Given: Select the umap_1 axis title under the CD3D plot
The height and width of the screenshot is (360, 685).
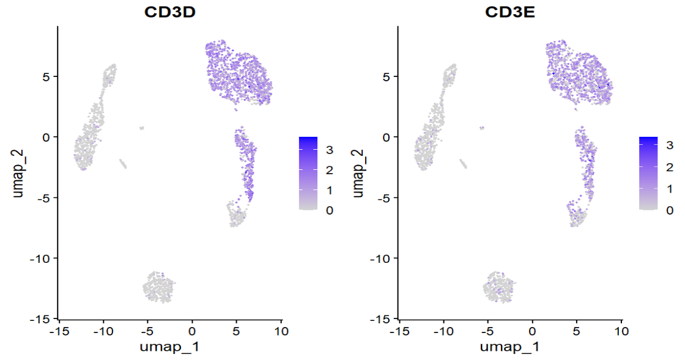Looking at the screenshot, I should coord(170,347).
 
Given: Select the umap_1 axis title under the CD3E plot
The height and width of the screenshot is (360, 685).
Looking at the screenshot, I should coord(510,347).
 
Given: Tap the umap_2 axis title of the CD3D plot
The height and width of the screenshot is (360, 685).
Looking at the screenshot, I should coord(18,172).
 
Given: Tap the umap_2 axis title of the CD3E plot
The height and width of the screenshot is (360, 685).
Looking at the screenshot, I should coord(358,172).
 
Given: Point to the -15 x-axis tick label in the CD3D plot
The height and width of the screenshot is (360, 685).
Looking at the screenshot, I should coord(59,331).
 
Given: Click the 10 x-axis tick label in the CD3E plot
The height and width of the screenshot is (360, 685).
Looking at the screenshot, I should coord(621,331).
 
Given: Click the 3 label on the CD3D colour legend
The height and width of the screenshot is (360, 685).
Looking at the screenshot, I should coord(330,149).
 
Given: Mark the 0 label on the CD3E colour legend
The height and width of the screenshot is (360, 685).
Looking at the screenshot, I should coord(670,210).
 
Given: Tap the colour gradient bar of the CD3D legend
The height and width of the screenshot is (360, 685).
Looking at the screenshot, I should coord(308,173).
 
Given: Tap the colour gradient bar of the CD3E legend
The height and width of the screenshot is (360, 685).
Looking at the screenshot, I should coord(648,173).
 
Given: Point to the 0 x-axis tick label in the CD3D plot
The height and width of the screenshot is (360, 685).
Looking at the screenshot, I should coord(192,331).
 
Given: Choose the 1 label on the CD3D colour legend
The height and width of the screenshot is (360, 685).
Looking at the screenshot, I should coord(330,190).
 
